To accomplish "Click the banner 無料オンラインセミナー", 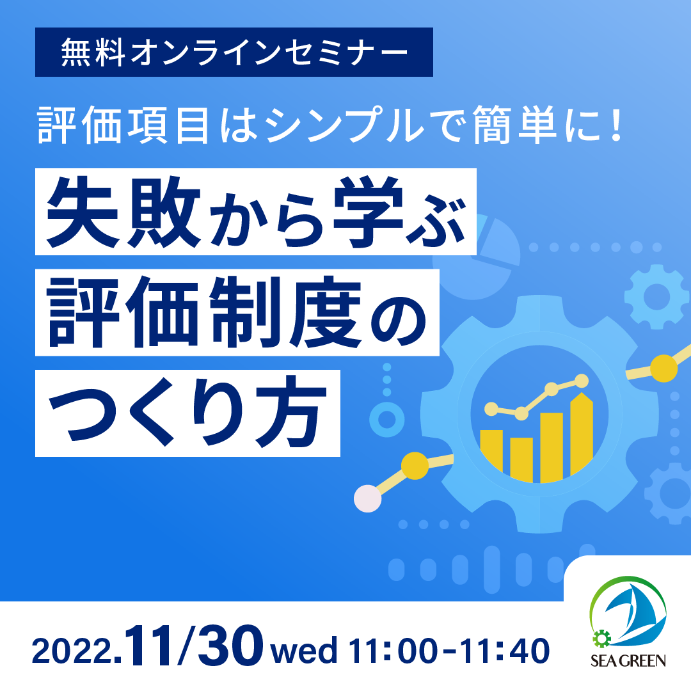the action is (x=234, y=52).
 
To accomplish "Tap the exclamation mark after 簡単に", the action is (x=616, y=125).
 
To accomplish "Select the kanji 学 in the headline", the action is (x=369, y=212).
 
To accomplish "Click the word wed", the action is (x=304, y=651).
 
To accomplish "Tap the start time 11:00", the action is (x=393, y=651).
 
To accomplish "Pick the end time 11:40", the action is (x=505, y=651).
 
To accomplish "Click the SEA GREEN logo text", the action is (x=628, y=660).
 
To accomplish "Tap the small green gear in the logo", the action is (x=601, y=639).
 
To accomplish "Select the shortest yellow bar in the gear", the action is (x=521, y=459).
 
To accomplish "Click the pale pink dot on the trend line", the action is (x=367, y=498).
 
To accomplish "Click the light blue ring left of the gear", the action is (x=387, y=419).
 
